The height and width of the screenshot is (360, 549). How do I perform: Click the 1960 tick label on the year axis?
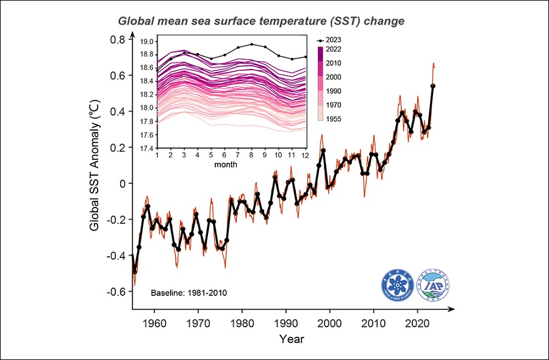click(x=154, y=322)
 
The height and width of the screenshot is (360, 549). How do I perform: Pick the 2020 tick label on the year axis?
click(x=418, y=322)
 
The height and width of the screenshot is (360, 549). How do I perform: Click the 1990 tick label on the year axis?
click(x=286, y=322)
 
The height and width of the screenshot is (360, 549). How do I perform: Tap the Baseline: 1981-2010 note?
click(x=188, y=293)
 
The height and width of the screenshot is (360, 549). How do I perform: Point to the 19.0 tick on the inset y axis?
click(x=147, y=42)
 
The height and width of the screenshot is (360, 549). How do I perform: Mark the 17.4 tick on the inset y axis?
click(x=147, y=148)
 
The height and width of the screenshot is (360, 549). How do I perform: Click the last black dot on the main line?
click(x=433, y=86)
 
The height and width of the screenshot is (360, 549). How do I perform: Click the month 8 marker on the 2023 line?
click(x=251, y=44)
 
